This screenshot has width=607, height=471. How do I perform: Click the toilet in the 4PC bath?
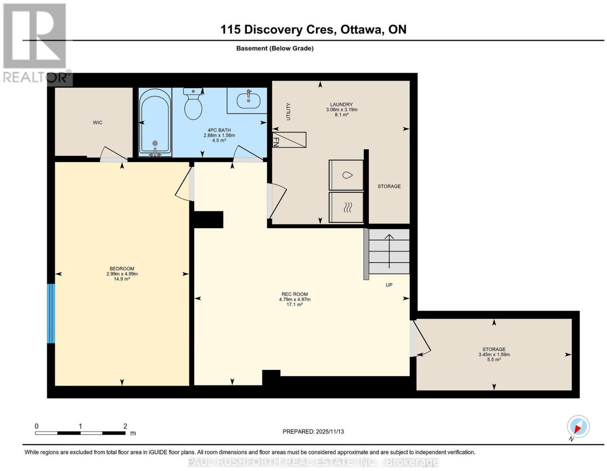(x=193, y=104)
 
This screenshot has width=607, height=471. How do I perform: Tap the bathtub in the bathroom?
(x=155, y=122)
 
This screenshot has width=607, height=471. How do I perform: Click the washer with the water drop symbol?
(x=346, y=175)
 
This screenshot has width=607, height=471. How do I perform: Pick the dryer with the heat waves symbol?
(x=346, y=207)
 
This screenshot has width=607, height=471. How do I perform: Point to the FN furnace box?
(x=289, y=140)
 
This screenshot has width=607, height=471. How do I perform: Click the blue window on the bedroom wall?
(x=51, y=313)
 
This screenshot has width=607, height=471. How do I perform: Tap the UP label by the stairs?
(x=389, y=285)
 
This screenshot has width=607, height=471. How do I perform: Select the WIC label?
(x=97, y=122)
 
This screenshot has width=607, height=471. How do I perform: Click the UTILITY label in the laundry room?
(x=288, y=111)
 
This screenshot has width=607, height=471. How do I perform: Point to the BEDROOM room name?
(x=122, y=269)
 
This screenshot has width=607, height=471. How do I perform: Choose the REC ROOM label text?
(x=295, y=294)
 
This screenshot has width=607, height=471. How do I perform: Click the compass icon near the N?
(x=578, y=426)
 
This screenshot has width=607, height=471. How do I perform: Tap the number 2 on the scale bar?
(x=125, y=426)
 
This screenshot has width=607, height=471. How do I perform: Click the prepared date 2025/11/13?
(x=330, y=431)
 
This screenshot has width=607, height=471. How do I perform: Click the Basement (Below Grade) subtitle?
(x=275, y=48)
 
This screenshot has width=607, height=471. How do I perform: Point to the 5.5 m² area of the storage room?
(x=494, y=360)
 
